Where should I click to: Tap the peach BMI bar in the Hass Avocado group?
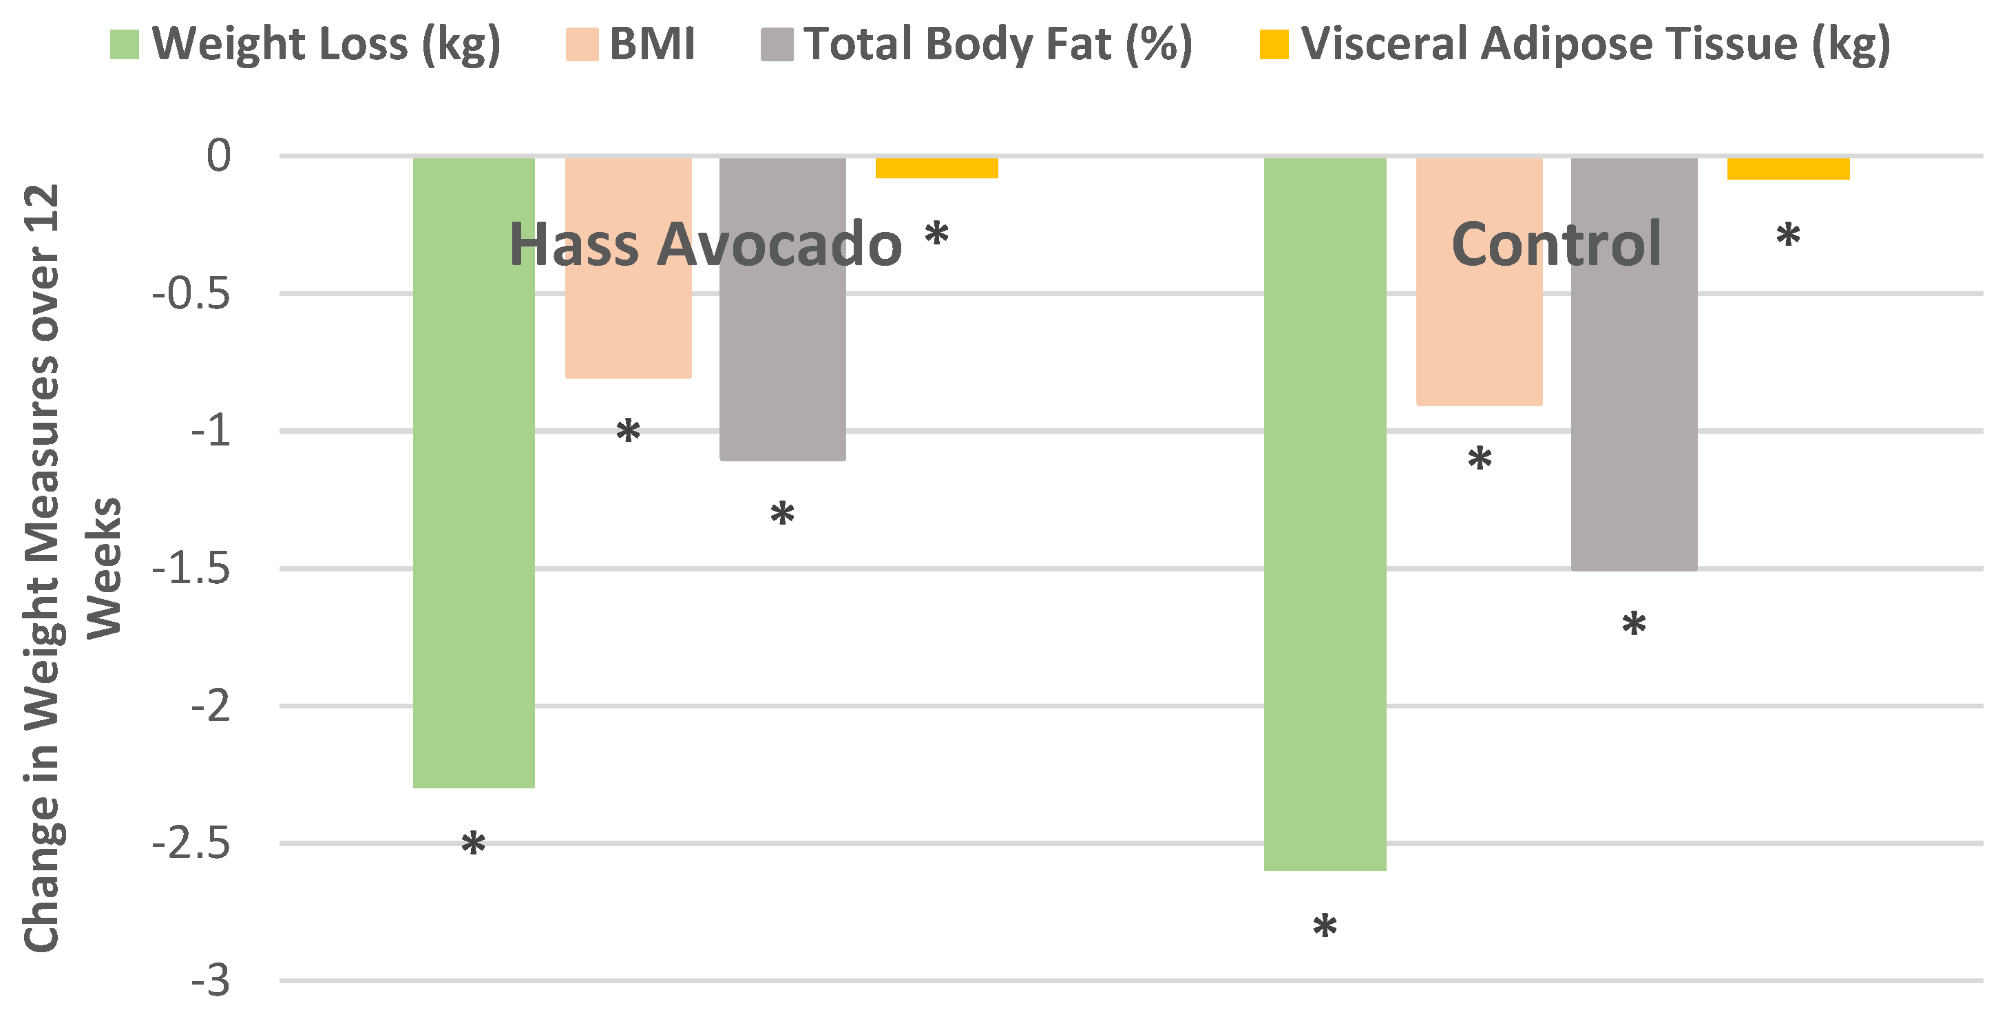point(628,328)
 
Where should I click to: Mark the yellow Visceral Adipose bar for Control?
point(1787,169)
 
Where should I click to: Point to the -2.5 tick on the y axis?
point(192,844)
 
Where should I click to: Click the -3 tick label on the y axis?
point(211,981)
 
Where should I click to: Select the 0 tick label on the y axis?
point(218,156)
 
